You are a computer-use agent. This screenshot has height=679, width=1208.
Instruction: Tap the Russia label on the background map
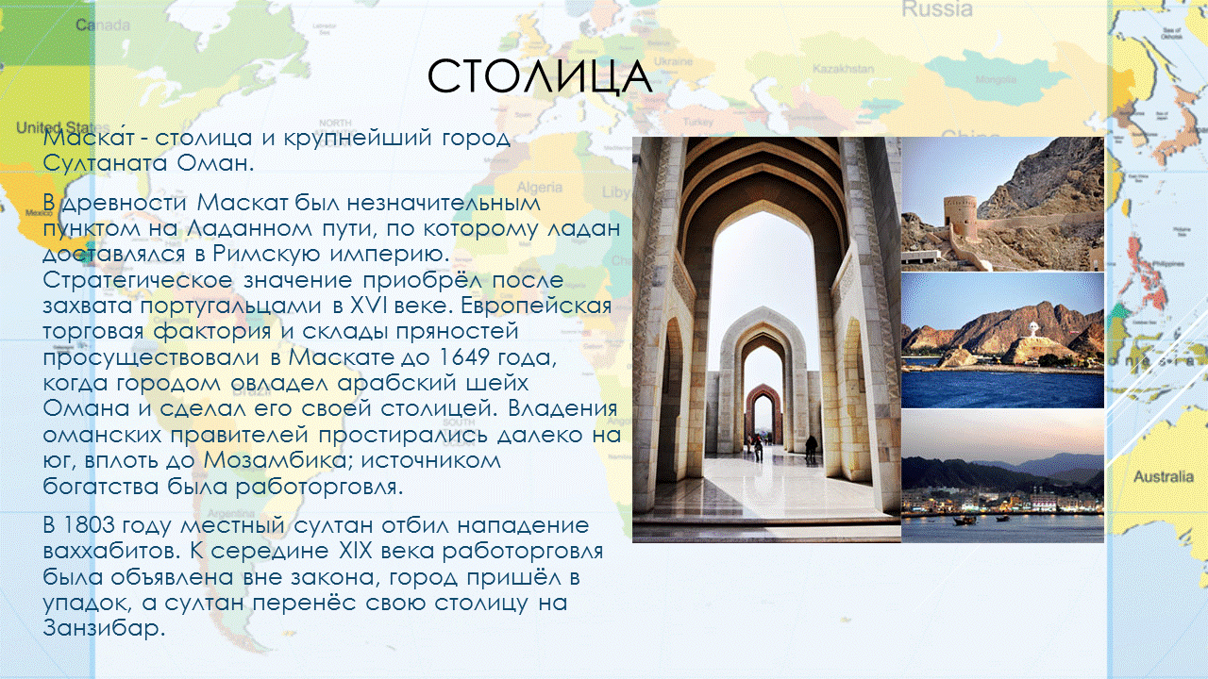[936, 9]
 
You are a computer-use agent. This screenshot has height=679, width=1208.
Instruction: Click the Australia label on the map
[1163, 477]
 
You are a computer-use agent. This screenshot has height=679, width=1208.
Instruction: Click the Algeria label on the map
[539, 187]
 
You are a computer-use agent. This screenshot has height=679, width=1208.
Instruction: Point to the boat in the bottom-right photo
[965, 519]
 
